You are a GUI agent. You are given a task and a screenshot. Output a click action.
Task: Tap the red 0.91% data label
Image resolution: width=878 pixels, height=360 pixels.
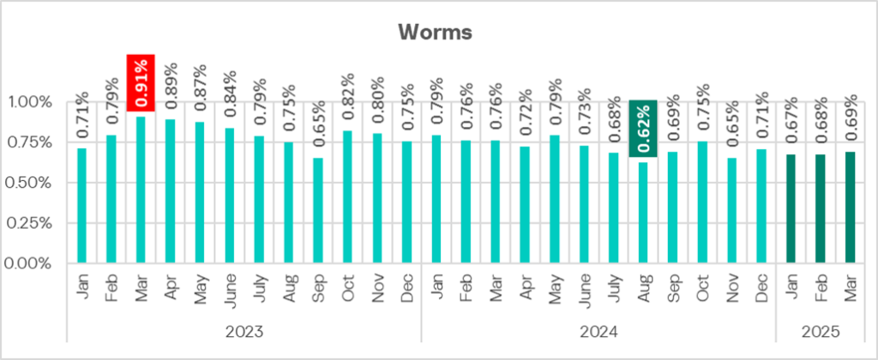point(141,82)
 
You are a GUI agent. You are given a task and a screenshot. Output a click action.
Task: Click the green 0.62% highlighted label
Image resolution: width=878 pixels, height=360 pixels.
point(643,129)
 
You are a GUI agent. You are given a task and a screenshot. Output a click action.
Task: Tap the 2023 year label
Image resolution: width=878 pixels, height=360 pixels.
point(244,330)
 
